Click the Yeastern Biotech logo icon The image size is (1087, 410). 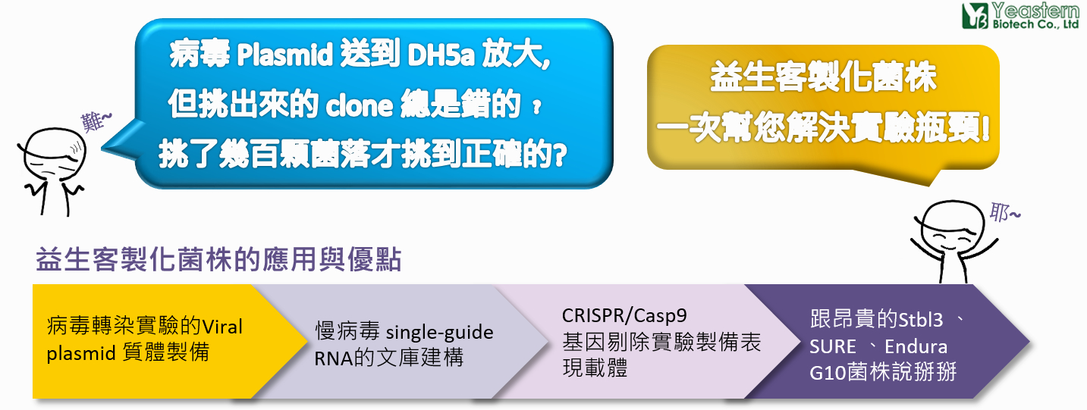point(975,16)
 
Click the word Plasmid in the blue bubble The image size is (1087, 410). point(285,55)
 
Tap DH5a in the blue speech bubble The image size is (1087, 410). point(441,55)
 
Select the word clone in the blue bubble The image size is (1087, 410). point(359,105)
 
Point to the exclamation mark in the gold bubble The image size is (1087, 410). point(985,127)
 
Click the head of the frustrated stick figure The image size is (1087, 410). point(55,155)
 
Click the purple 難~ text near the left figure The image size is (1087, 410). point(96,121)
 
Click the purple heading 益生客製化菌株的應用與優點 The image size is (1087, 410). point(219,258)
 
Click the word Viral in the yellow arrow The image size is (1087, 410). point(221,327)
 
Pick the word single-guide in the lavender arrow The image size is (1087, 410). point(439,333)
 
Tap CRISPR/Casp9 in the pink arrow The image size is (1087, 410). point(624,315)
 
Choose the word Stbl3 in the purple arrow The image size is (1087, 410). point(921,320)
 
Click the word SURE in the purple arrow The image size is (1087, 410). point(833,346)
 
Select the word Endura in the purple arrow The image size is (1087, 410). point(916,346)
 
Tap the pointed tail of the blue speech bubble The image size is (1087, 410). point(102,147)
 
